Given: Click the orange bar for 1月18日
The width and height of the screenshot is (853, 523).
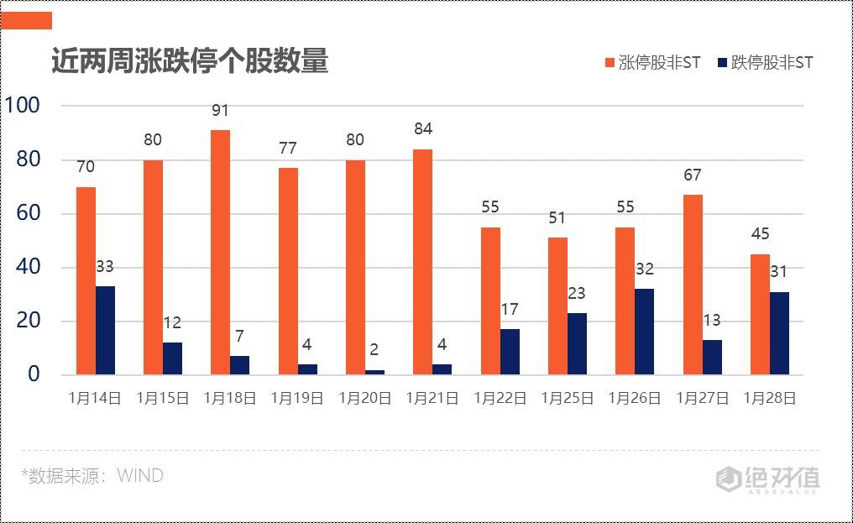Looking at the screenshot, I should [220, 252].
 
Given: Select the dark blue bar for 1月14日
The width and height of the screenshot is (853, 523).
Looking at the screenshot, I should [105, 330].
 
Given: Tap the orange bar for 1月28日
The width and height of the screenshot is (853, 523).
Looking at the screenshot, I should [760, 314].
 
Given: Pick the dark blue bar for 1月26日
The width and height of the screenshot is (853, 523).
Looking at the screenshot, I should [644, 332].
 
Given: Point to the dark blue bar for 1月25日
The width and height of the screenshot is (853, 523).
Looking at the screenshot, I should [577, 343].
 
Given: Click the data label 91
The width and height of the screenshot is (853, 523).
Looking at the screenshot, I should [220, 111].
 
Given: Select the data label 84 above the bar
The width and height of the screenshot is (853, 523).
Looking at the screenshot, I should [422, 129].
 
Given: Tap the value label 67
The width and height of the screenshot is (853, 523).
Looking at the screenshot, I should [692, 175].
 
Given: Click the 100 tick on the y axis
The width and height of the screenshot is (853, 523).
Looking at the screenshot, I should [23, 106].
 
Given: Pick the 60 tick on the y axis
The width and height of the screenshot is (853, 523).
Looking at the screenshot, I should [29, 213].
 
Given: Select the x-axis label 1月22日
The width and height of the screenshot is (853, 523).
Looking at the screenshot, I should [500, 398].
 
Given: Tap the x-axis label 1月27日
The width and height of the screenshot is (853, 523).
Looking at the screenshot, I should [702, 398].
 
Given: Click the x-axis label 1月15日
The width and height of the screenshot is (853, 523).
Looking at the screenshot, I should [163, 398].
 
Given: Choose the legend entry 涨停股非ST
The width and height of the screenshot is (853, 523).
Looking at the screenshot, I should [652, 63].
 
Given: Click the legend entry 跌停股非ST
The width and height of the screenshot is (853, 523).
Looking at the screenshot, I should [765, 63].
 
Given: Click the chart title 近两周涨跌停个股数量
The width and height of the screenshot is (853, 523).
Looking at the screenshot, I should [190, 61].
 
